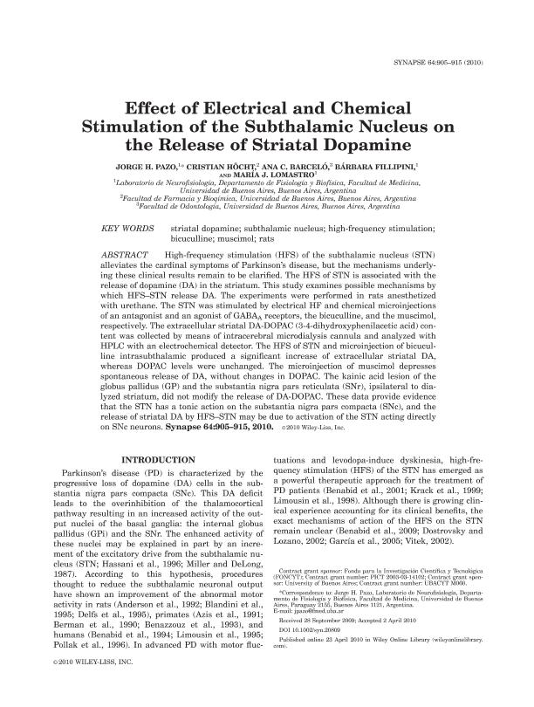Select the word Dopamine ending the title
click(x=371, y=142)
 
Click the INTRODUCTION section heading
click(x=158, y=460)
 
